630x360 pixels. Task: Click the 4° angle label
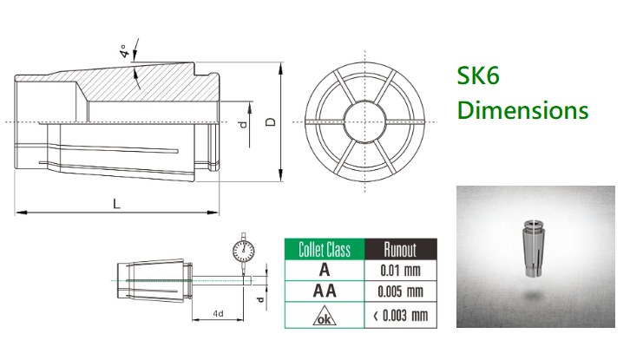[x=125, y=51]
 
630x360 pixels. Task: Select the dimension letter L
[x=116, y=204]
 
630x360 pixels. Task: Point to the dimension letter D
[x=272, y=122]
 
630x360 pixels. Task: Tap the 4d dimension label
[x=218, y=313]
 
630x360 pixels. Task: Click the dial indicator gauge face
[x=244, y=251]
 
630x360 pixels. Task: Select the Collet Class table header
[x=325, y=250]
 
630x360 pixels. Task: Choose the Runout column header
[x=401, y=250]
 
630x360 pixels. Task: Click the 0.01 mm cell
[x=401, y=271]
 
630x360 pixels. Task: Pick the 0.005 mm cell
[x=401, y=291]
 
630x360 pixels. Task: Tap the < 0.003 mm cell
[x=401, y=316]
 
